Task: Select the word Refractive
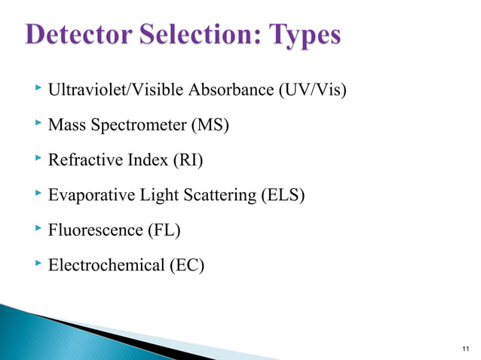pyautogui.click(x=81, y=160)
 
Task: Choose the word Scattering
pyautogui.click(x=217, y=195)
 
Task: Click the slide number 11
pyautogui.click(x=464, y=348)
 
